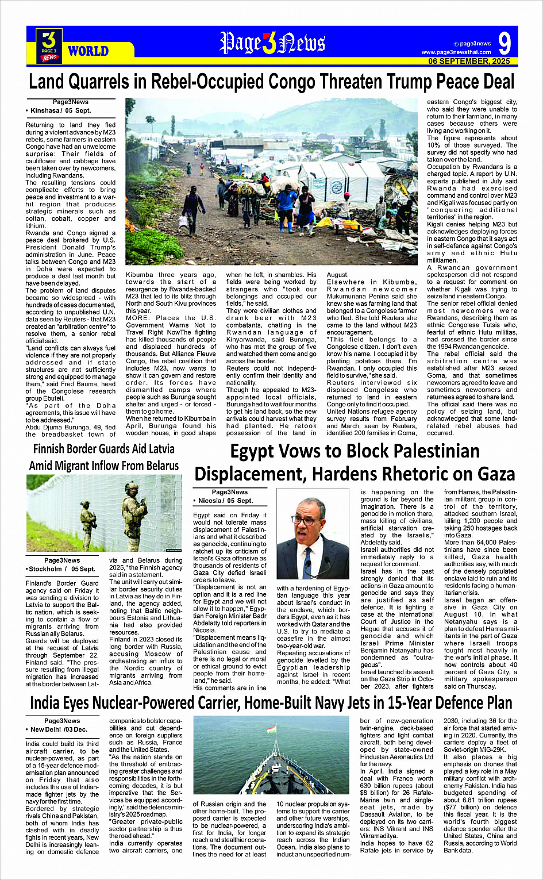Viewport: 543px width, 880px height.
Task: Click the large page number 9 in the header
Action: point(504,43)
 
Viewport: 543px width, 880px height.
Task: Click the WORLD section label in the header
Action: point(88,51)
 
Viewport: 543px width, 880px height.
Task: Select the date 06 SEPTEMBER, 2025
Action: point(469,61)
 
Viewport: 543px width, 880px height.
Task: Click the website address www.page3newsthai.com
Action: point(456,52)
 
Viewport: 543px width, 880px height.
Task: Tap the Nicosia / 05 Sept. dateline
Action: point(226,501)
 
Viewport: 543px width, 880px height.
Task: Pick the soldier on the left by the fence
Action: point(88,521)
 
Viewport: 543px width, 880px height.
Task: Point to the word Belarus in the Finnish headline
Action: point(155,466)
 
